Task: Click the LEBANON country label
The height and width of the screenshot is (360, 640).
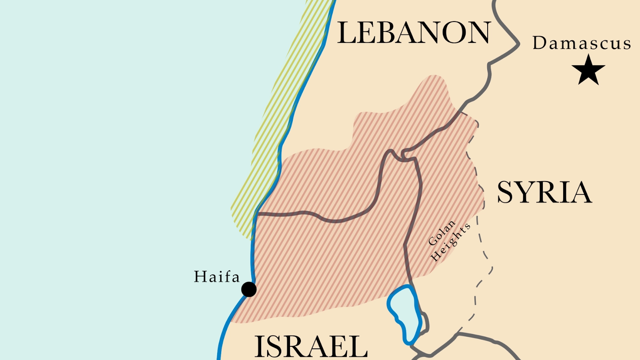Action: (x=414, y=33)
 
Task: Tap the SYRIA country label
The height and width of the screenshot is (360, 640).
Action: (x=544, y=193)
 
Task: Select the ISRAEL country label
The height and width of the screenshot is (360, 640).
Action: (x=311, y=347)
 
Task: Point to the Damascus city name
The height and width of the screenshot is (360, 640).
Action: (x=582, y=43)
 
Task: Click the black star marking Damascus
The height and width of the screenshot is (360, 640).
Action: (x=588, y=70)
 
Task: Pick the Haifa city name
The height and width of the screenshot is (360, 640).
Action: (x=217, y=277)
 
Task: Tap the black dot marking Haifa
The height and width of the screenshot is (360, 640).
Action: (x=249, y=289)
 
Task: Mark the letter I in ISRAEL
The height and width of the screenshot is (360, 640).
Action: (x=259, y=347)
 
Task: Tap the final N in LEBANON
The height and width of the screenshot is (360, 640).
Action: (x=479, y=33)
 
